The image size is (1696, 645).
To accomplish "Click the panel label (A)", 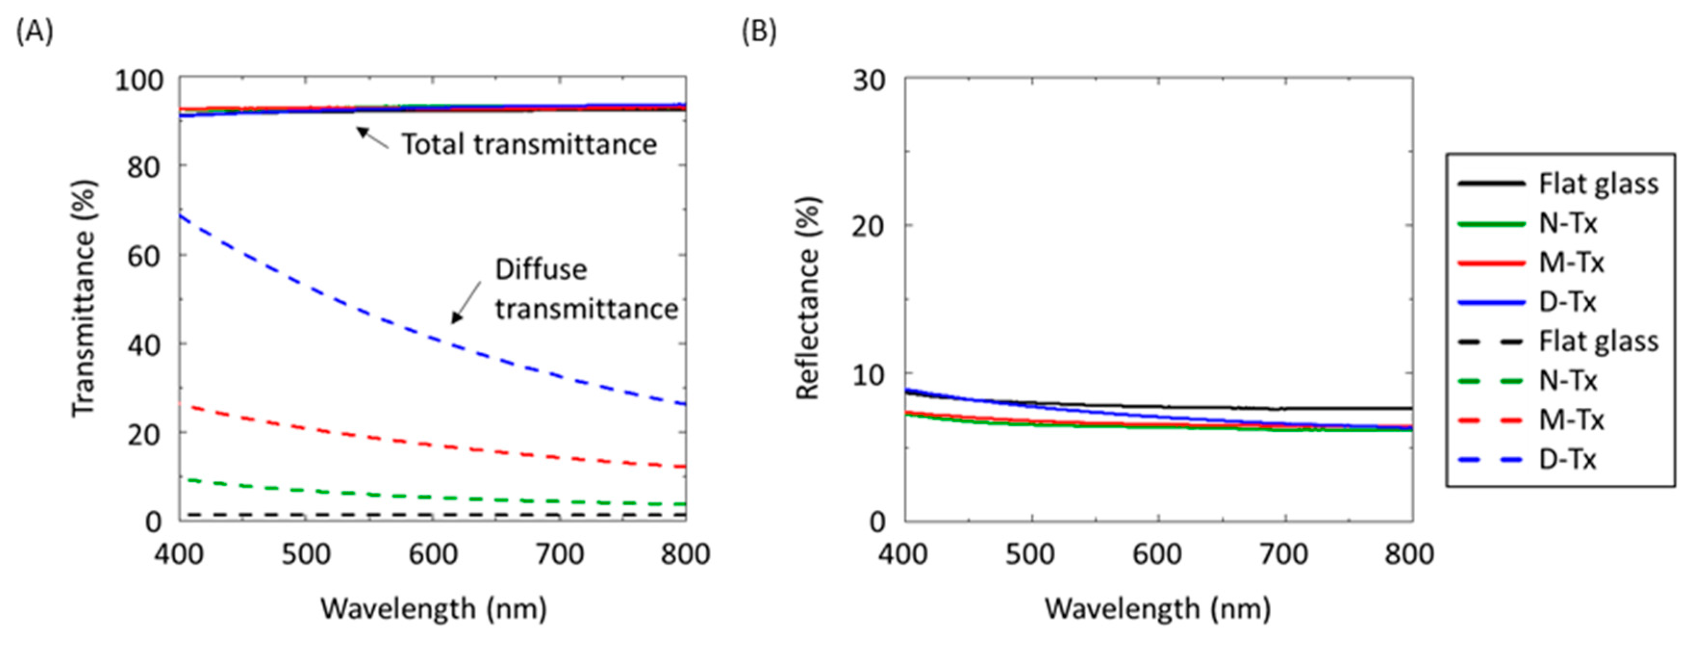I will pos(34,31).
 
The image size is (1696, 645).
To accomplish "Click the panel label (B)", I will pos(759,31).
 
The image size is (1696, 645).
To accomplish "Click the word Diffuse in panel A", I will pos(541,270).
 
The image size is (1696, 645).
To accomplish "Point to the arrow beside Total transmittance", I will pos(372,137).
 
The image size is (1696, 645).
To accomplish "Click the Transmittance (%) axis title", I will pos(84,298).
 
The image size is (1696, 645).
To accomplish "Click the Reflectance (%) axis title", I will pos(807,298).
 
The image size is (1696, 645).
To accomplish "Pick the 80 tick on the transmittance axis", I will pos(143,168).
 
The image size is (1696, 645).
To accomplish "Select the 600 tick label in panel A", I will pos(432,555).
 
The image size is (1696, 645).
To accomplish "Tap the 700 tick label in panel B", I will pos(1284,555).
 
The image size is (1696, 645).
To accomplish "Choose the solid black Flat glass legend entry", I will pos(1559,184).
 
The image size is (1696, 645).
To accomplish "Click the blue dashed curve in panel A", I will pos(369,315).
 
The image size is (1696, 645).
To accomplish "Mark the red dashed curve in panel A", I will pos(369,437).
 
